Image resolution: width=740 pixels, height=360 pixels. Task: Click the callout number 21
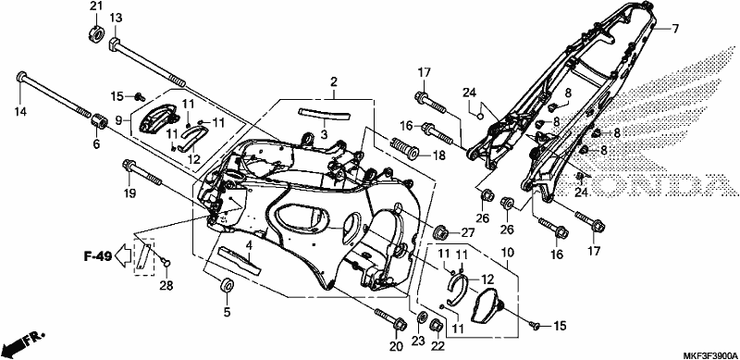[x=96, y=6]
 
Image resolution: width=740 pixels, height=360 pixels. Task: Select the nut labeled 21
[x=96, y=34]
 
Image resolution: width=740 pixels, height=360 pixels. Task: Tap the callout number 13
[x=116, y=18]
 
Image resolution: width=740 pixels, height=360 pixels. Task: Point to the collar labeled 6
[x=99, y=121]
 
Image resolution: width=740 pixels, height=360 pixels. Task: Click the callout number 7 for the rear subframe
[x=675, y=29]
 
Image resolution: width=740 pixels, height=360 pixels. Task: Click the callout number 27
[x=467, y=232]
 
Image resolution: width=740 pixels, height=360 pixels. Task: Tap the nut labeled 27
[x=441, y=233]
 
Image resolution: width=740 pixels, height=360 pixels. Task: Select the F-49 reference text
[x=98, y=256]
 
